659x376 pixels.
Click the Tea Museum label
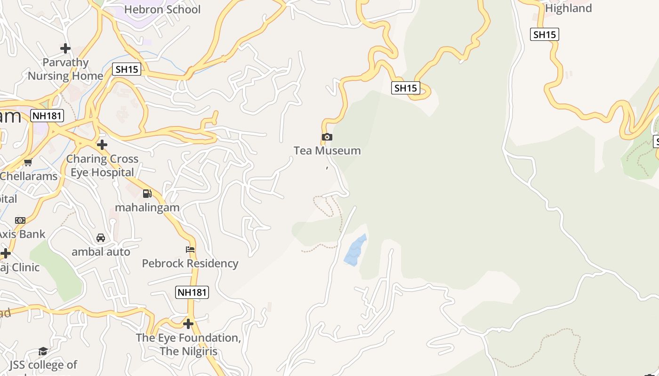(327, 151)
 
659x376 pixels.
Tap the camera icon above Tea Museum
(327, 137)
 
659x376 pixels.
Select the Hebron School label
(162, 9)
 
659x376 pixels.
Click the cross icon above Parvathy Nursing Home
(65, 48)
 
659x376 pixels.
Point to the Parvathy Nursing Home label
(65, 69)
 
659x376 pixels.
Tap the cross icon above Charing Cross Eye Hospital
(102, 145)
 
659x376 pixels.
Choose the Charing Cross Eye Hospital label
(102, 165)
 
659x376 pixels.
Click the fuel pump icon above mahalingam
(147, 194)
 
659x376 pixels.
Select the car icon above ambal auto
(101, 238)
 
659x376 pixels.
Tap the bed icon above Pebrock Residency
(190, 249)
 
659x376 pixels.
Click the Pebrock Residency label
(190, 263)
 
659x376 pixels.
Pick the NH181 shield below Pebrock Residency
(192, 292)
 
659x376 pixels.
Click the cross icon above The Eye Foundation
(188, 324)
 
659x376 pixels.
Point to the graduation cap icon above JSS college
(43, 351)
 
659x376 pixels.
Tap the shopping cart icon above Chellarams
(28, 163)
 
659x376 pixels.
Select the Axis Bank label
(23, 234)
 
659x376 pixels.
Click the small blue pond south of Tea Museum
(355, 251)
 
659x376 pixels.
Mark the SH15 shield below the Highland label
(545, 34)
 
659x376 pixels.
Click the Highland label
(568, 8)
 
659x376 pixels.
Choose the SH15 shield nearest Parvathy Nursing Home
(127, 70)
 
